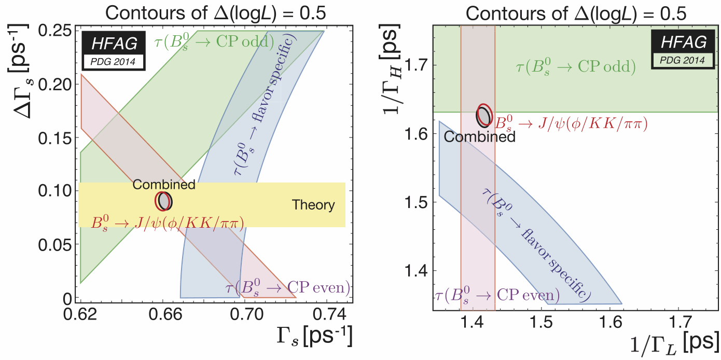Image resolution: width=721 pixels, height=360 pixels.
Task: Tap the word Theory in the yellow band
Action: tap(313, 205)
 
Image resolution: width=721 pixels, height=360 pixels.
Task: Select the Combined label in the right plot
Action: tap(480, 137)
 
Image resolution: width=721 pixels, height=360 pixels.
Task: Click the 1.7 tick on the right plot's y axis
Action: tap(417, 65)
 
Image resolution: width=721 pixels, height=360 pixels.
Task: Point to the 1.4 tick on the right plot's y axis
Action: tap(417, 271)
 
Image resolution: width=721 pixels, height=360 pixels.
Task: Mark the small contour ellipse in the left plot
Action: tap(164, 200)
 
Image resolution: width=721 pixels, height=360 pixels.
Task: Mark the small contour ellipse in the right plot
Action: tap(483, 115)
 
